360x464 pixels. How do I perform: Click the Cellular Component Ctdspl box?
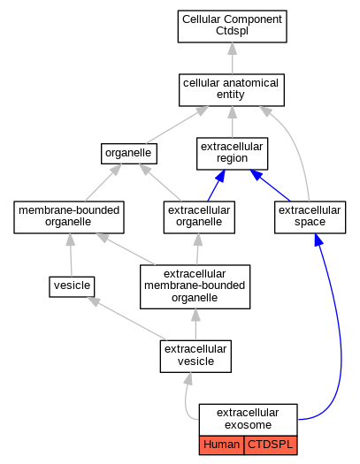point(232,27)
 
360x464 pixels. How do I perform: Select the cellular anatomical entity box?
point(232,90)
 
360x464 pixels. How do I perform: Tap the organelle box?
point(129,154)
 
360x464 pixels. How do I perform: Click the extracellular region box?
point(232,154)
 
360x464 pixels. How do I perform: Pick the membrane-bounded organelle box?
point(69,217)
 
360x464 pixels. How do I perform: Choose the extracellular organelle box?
point(199,217)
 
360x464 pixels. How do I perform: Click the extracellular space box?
point(310,217)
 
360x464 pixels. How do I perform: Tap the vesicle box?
point(72,286)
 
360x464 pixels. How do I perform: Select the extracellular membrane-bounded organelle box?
point(195,286)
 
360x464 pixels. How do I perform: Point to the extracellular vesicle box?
point(195,356)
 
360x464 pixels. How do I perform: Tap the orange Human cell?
point(221,445)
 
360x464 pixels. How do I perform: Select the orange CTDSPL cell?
point(271,445)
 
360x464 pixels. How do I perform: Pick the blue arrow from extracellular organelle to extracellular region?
point(216,186)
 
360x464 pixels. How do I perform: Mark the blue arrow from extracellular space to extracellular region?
point(270,186)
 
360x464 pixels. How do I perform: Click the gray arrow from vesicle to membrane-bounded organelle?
point(71,255)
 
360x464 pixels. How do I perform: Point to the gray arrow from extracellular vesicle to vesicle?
point(126,318)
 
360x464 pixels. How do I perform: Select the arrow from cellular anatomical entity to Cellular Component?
point(232,58)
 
